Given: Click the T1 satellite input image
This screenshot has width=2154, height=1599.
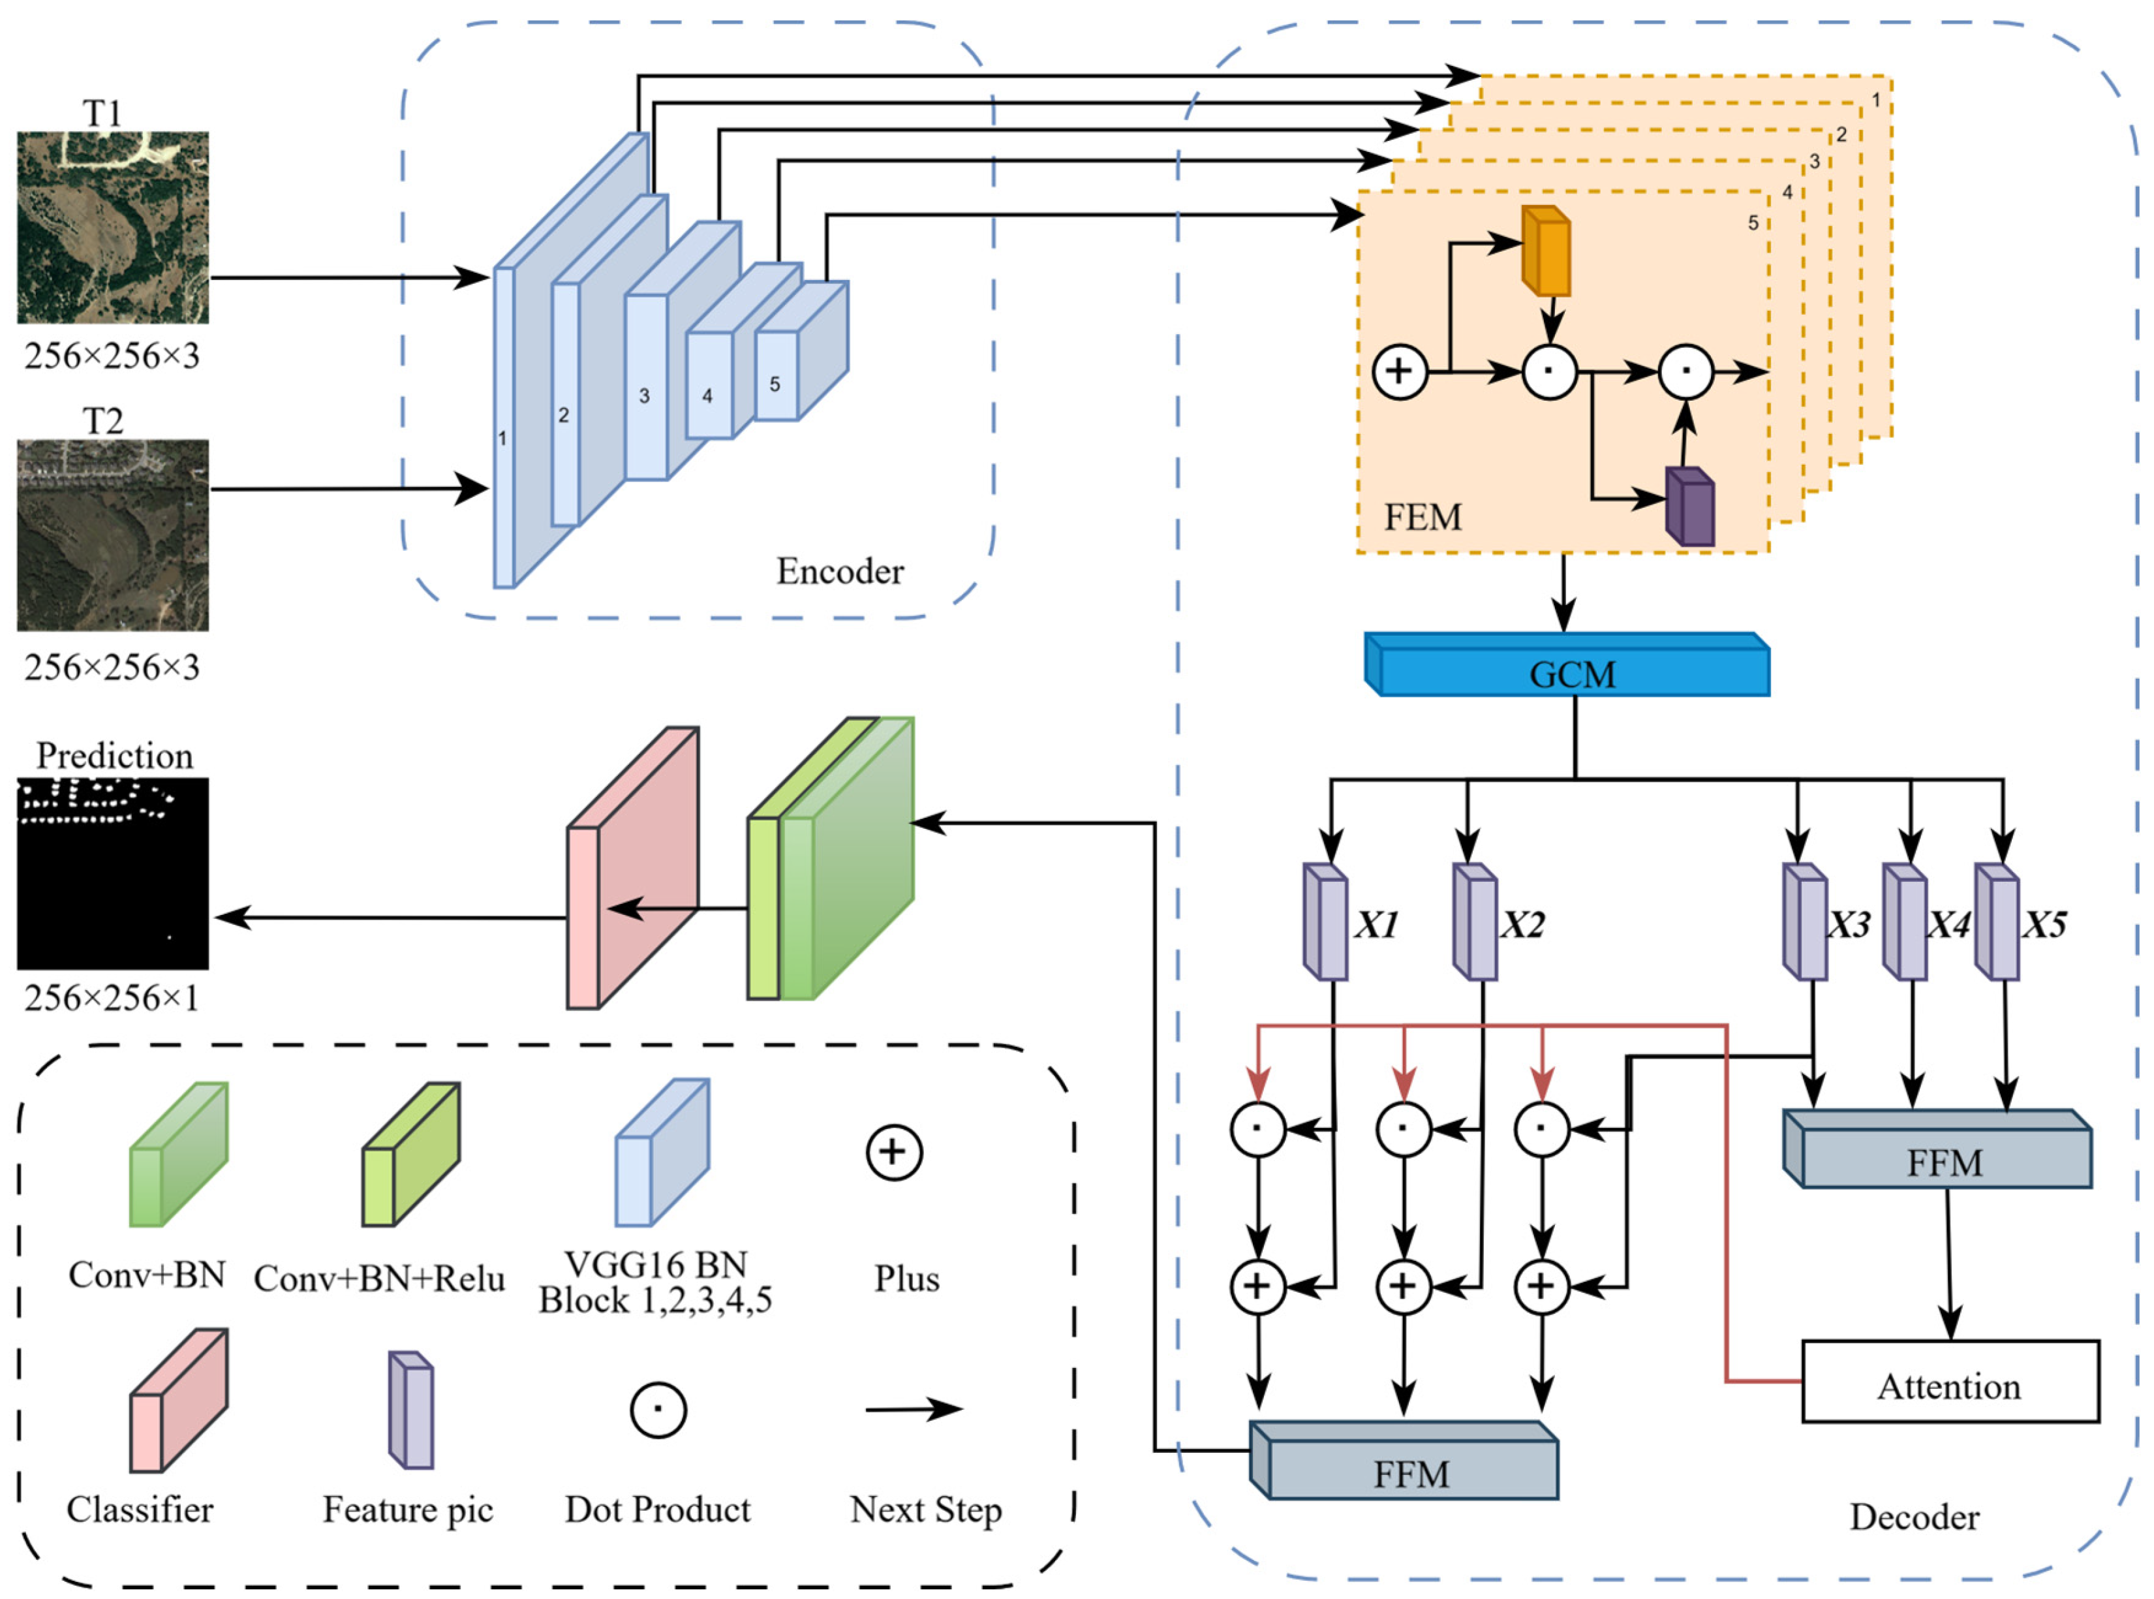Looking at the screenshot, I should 112,228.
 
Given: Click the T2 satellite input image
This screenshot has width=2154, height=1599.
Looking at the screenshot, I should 112,535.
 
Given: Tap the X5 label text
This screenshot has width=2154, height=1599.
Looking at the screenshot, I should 2044,925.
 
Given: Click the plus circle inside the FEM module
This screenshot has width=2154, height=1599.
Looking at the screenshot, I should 1399,371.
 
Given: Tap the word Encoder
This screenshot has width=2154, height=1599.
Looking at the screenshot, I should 839,571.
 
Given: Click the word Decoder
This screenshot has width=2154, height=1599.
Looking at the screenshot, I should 1914,1517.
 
